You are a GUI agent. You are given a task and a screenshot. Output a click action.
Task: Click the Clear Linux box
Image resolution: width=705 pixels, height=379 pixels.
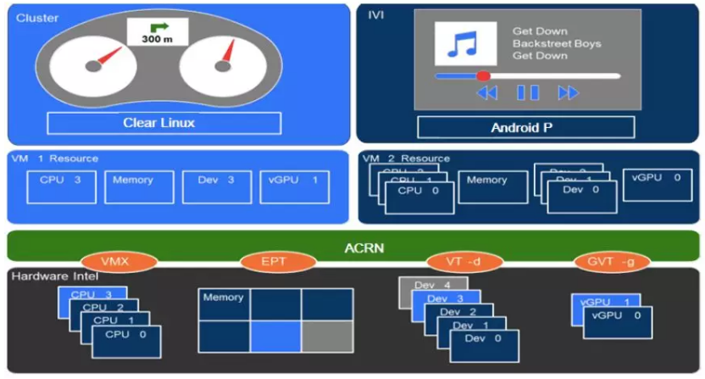click(x=158, y=123)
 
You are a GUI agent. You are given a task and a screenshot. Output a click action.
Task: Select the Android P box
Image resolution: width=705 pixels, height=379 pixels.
click(x=525, y=128)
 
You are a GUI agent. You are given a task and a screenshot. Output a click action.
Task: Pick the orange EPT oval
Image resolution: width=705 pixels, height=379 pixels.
click(x=273, y=261)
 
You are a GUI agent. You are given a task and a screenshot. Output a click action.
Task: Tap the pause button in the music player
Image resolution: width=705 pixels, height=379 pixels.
click(x=528, y=92)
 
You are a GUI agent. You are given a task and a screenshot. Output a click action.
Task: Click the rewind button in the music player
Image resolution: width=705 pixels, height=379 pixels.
click(x=486, y=92)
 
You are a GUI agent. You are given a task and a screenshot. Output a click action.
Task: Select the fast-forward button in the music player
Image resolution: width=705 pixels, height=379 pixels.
click(x=568, y=92)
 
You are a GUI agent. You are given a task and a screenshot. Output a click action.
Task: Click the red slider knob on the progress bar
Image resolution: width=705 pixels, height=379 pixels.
click(x=483, y=75)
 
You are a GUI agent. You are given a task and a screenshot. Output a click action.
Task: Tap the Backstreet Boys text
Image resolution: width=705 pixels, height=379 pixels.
click(x=543, y=43)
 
